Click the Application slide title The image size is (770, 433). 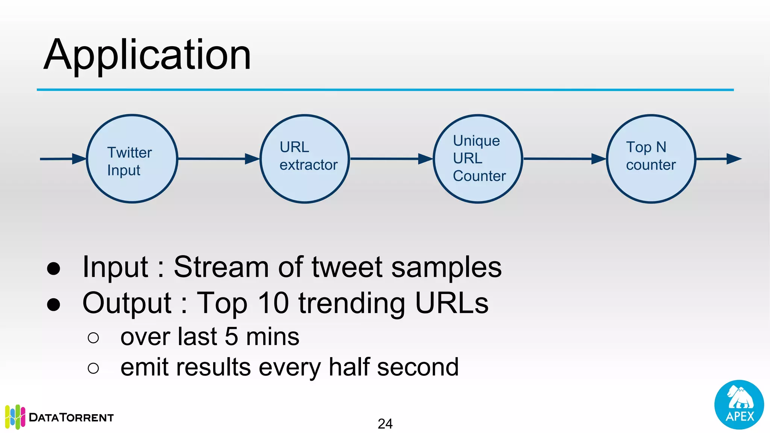[147, 55]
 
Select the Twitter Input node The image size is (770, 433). [132, 159]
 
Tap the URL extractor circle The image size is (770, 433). [305, 159]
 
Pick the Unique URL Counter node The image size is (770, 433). [478, 159]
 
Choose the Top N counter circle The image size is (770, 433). [651, 159]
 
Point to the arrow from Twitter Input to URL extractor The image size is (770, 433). [218, 159]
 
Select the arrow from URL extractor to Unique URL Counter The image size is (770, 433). [391, 159]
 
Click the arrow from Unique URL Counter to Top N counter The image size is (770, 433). [564, 159]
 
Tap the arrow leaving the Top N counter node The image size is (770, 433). [718, 159]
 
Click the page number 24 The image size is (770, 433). [385, 424]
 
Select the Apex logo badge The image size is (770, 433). [739, 405]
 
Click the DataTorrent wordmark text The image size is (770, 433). [71, 418]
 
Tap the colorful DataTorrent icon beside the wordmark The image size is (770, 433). [15, 417]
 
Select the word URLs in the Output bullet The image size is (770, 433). [452, 303]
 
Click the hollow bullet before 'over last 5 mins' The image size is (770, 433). [93, 338]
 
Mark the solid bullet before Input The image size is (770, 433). [54, 268]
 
